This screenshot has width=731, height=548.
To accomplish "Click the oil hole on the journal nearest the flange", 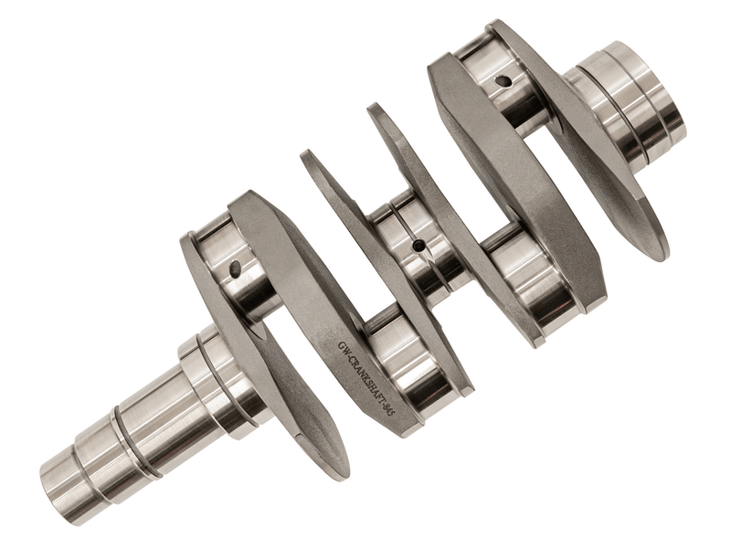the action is click(x=503, y=82).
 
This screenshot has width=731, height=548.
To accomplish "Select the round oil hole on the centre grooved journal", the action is click(x=419, y=245).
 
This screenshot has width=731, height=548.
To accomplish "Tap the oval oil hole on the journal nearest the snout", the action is click(x=235, y=268).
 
